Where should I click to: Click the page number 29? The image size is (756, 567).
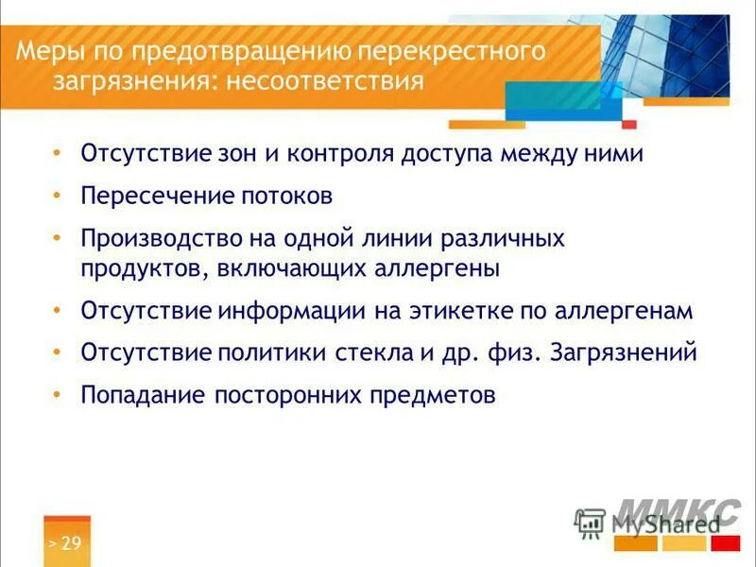[x=71, y=542]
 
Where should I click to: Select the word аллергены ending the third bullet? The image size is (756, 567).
[x=436, y=268]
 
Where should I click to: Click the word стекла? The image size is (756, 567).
[x=379, y=353]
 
